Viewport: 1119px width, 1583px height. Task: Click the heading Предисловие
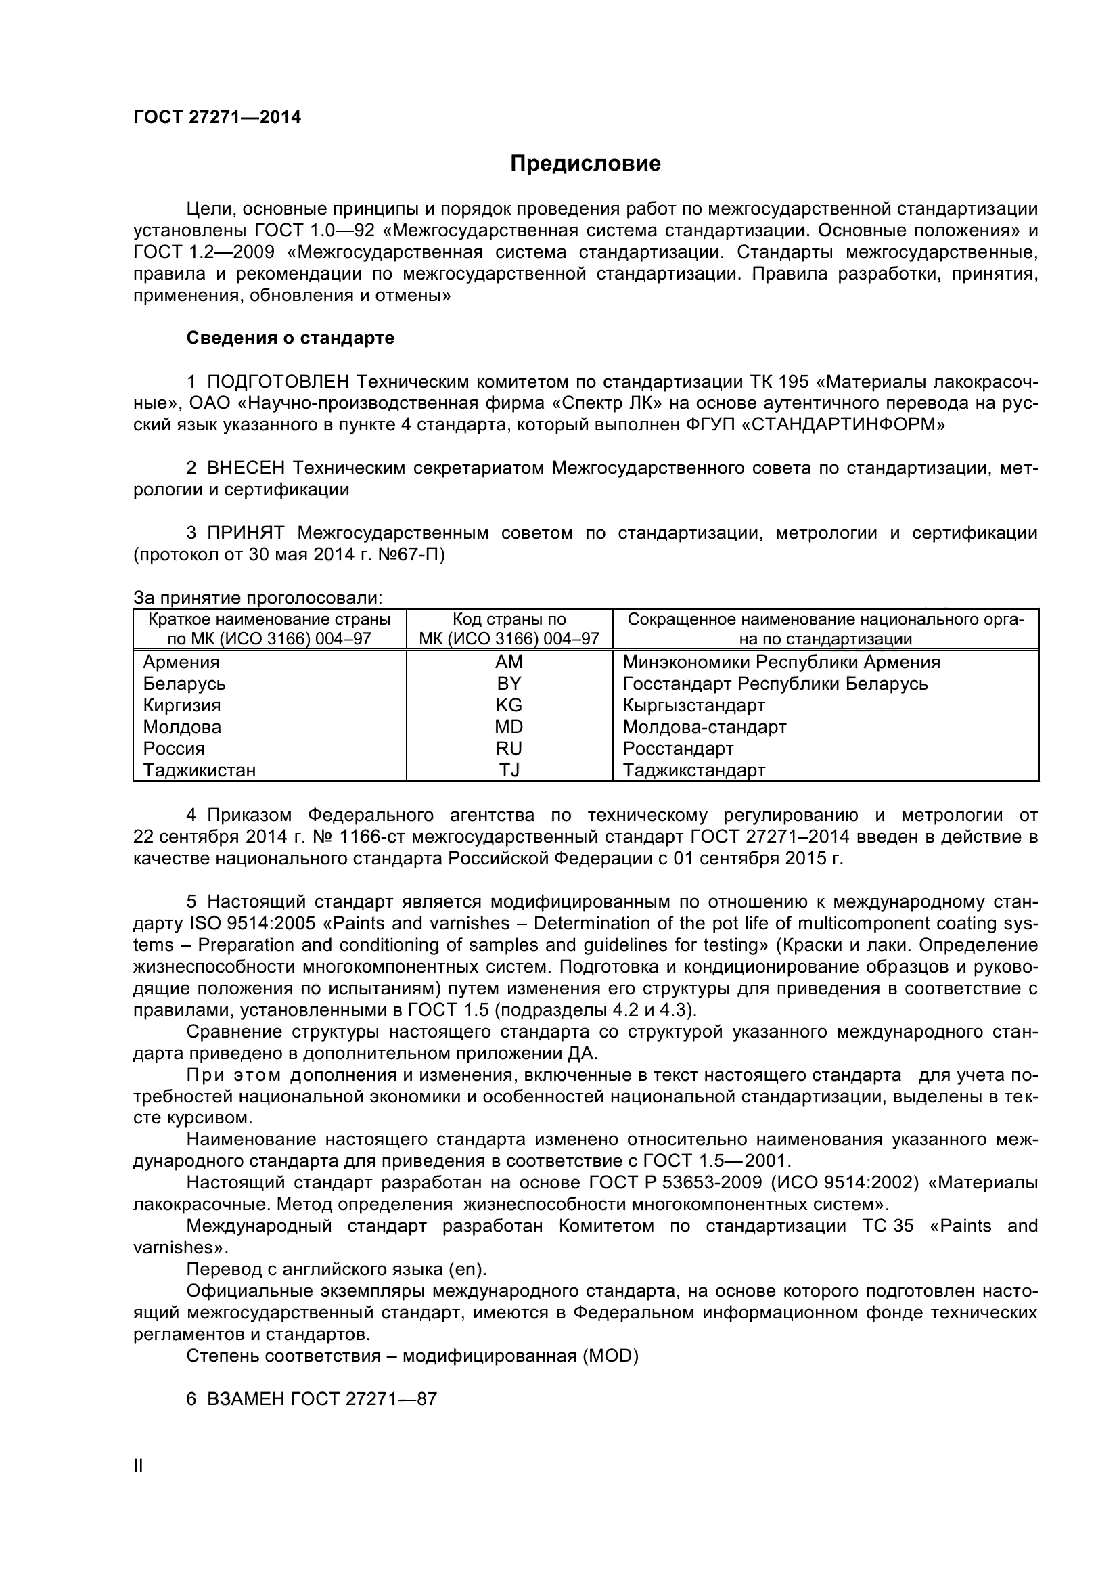[x=585, y=163]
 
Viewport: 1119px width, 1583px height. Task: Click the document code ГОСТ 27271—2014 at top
[x=217, y=118]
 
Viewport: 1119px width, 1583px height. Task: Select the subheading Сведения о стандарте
[x=290, y=338]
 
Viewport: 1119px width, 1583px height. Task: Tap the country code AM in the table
[x=509, y=662]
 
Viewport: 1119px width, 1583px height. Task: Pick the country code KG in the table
[x=509, y=705]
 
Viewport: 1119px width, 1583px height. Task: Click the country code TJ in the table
[x=509, y=770]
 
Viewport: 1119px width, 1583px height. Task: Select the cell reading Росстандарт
[x=678, y=749]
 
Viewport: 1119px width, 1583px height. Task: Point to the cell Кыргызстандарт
[x=694, y=705]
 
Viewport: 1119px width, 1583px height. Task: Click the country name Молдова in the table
[x=182, y=728]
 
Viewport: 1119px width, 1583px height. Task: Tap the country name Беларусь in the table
[x=184, y=684]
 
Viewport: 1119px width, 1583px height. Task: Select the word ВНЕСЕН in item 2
[x=246, y=468]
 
